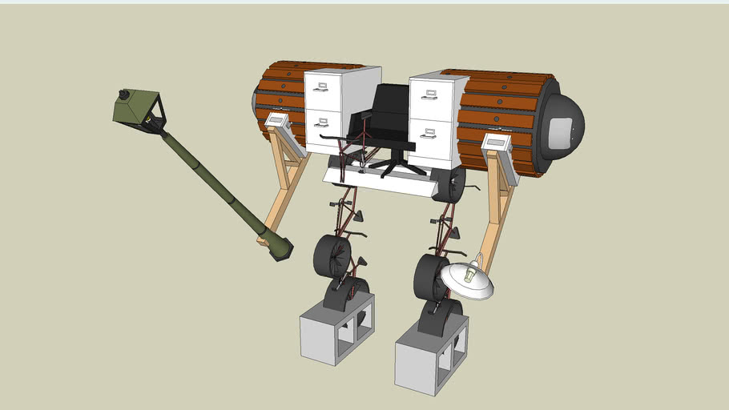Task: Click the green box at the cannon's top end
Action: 138,111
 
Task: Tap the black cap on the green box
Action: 123,94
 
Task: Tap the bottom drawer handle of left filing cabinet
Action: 322,123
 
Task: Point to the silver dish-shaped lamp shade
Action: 466,280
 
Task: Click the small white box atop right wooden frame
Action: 497,143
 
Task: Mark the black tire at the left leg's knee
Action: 331,256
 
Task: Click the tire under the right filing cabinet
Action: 453,184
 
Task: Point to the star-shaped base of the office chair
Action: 393,164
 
